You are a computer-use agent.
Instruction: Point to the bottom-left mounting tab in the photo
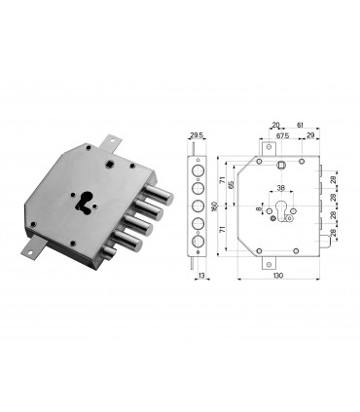[x=29, y=251]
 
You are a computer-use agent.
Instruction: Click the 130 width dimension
[x=279, y=276]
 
